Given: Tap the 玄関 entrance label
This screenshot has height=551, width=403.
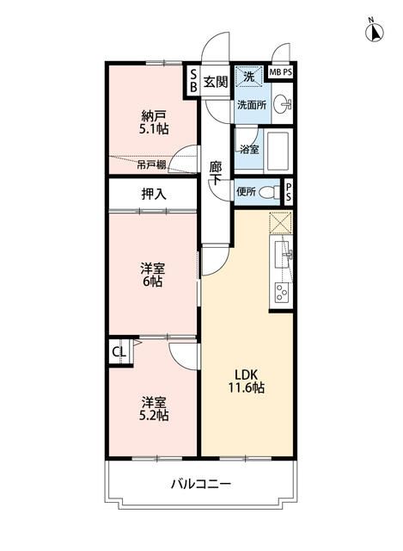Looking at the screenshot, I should click(216, 81).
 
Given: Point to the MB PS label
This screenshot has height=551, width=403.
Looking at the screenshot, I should click(280, 72).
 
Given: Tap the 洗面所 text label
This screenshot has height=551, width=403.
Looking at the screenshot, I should click(253, 104).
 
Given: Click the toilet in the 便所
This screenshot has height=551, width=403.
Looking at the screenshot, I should click(269, 191).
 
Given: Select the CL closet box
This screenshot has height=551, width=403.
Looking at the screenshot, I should click(118, 352).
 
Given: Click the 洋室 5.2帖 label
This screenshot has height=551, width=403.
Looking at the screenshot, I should click(154, 408).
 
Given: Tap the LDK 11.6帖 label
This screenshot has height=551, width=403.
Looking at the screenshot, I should click(247, 381).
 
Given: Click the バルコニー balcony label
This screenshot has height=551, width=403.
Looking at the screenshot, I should click(199, 486).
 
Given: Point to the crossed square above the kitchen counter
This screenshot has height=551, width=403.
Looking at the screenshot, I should click(281, 222).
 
